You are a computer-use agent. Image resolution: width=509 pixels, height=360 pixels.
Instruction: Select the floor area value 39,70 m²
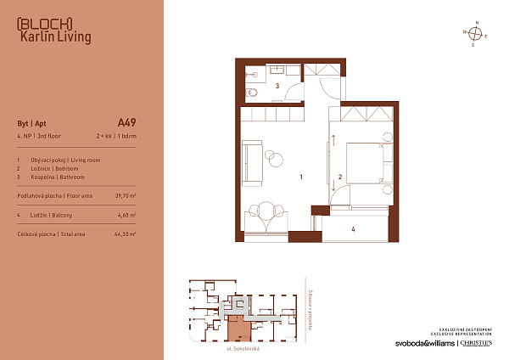click(x=125, y=195)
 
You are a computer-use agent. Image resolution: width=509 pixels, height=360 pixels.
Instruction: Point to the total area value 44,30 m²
click(x=125, y=233)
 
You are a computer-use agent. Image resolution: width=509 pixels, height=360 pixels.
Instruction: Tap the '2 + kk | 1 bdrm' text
click(x=115, y=136)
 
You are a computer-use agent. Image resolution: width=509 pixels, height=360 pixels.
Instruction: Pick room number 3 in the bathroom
click(x=277, y=87)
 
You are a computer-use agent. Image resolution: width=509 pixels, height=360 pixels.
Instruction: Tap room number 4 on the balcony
click(x=353, y=229)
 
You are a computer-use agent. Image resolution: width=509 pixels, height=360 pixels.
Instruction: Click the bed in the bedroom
click(x=366, y=160)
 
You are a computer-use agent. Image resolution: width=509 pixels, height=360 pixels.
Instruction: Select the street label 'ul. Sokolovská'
click(x=242, y=349)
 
